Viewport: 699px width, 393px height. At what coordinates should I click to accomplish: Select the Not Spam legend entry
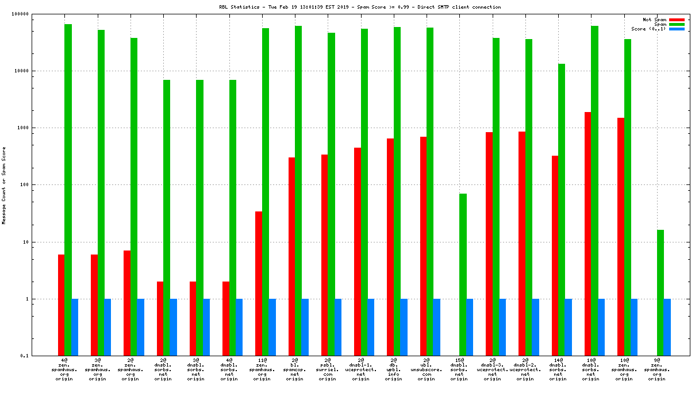(x=654, y=20)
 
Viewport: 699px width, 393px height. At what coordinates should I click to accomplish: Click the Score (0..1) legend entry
(x=648, y=29)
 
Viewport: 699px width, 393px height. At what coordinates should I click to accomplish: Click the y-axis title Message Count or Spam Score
(x=4, y=185)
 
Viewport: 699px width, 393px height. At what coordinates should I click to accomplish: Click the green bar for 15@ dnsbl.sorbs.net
(x=463, y=275)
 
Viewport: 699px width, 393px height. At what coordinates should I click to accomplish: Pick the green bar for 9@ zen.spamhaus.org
(x=660, y=292)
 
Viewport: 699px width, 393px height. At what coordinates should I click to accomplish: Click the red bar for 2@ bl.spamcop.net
(x=291, y=256)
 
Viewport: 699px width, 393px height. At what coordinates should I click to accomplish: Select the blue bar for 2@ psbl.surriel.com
(x=338, y=327)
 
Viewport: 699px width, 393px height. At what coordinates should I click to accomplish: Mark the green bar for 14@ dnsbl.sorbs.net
(x=562, y=210)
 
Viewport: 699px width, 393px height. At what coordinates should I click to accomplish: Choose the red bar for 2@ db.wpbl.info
(x=390, y=247)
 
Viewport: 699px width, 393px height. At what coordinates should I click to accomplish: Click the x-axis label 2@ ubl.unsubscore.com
(x=426, y=369)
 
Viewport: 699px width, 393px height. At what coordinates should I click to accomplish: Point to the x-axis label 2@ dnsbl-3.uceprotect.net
(x=492, y=369)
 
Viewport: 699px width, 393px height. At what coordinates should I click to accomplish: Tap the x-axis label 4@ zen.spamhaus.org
(x=64, y=369)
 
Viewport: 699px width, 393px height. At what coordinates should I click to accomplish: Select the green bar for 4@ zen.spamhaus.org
(x=68, y=190)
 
